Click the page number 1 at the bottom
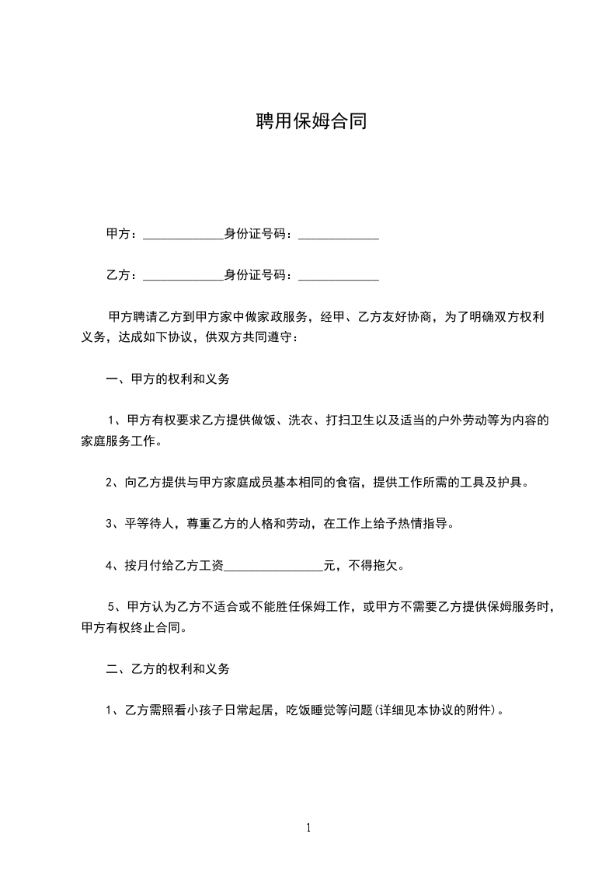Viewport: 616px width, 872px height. click(308, 828)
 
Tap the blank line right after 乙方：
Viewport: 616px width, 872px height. click(183, 276)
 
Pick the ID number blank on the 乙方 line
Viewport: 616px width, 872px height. click(339, 276)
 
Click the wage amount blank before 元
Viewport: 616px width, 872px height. click(273, 566)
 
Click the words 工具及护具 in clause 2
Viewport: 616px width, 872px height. click(496, 482)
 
